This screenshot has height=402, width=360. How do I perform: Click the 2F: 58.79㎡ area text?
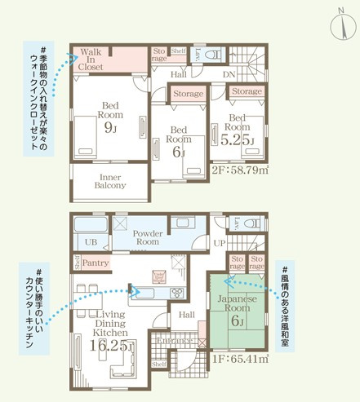coord(240,172)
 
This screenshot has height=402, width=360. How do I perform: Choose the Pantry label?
coord(96,263)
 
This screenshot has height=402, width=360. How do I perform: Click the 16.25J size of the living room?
coord(109,346)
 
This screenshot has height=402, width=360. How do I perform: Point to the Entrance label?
coord(175,340)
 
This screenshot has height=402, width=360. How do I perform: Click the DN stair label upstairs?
coord(230,74)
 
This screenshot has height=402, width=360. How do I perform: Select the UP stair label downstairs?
coord(218,244)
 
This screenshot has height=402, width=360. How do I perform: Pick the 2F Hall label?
coord(180,74)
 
